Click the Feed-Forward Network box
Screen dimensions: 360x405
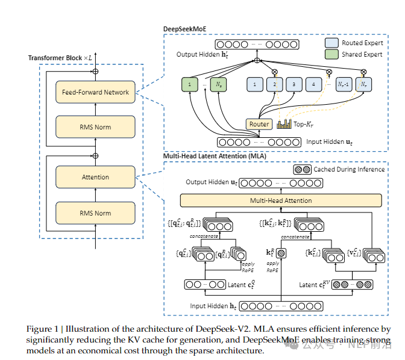point(95,92)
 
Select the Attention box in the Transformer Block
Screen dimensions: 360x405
point(95,177)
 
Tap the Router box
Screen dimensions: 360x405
point(259,124)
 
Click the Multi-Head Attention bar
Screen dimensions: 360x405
point(281,200)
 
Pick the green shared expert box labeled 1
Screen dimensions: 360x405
point(189,85)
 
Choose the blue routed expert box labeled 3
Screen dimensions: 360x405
point(294,85)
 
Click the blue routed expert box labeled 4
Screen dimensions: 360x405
point(314,85)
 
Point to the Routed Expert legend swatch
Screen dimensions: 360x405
point(331,43)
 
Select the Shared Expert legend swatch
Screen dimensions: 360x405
point(331,54)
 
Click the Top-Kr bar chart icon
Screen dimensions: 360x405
point(284,124)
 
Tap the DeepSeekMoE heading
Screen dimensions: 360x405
point(186,29)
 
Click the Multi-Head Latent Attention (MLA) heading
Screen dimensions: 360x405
point(214,156)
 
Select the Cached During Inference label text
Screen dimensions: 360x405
point(349,170)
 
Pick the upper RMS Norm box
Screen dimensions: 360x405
point(95,127)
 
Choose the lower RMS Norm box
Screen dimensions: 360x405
point(95,213)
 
